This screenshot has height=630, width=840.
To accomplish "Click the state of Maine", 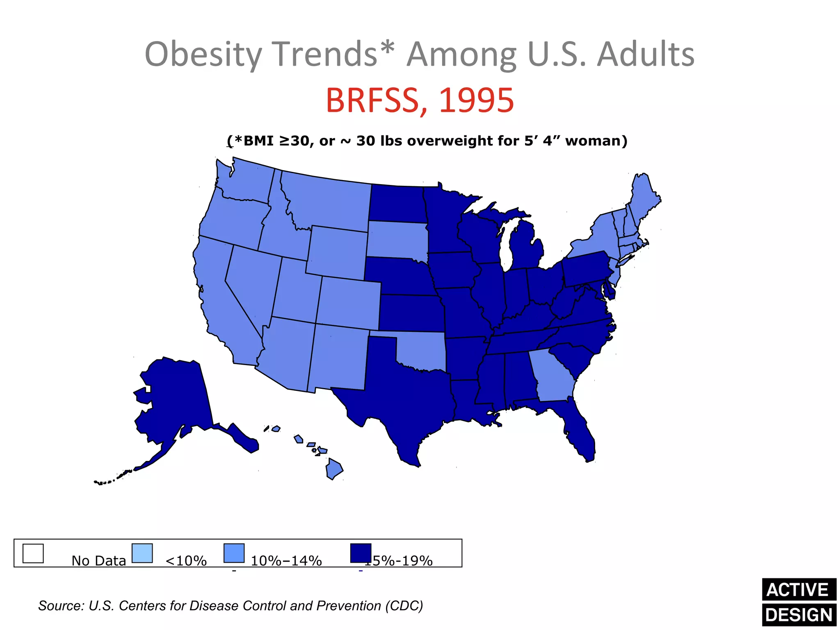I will pos(644,197).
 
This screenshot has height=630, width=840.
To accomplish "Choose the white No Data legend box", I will pos(33,553).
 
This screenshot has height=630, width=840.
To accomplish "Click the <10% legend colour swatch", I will pos(142,553).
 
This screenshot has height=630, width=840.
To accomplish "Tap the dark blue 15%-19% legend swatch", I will pos(361,553).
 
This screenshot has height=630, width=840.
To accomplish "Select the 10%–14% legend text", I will pos(286,561).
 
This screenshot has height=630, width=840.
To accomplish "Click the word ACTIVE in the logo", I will pos(798,590).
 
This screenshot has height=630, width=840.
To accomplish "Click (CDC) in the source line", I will pos(404,606).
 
